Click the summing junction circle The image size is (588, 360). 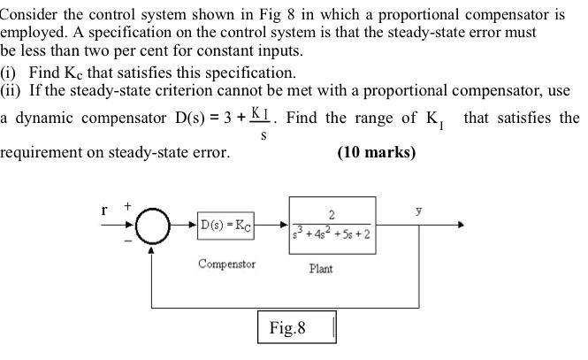pyautogui.click(x=153, y=226)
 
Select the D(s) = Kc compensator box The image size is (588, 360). pyautogui.click(x=226, y=226)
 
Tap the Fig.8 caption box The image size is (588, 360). pyautogui.click(x=296, y=328)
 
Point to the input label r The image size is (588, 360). pyautogui.click(x=105, y=211)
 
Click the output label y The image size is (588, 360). pyautogui.click(x=419, y=212)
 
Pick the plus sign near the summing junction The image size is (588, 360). pyautogui.click(x=127, y=205)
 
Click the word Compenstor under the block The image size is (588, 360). pyautogui.click(x=226, y=264)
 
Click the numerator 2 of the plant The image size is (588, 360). pyautogui.click(x=332, y=214)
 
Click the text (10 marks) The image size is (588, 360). pyautogui.click(x=376, y=152)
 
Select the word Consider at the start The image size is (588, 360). pyautogui.click(x=32, y=16)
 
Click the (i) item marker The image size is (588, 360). pyautogui.click(x=9, y=73)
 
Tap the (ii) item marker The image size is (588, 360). pyautogui.click(x=11, y=89)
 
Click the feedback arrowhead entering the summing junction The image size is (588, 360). pyautogui.click(x=153, y=249)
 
